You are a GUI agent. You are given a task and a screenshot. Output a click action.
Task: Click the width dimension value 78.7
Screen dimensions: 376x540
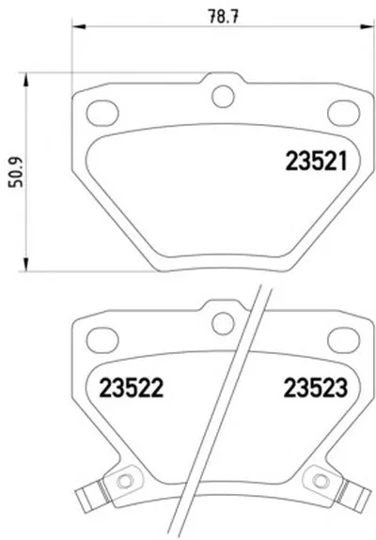click(224, 16)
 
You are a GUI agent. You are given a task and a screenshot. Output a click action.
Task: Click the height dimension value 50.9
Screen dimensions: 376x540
click(16, 172)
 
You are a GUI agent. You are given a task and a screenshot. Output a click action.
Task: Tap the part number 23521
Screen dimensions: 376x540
click(316, 162)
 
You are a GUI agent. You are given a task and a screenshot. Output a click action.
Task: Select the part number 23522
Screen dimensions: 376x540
click(131, 388)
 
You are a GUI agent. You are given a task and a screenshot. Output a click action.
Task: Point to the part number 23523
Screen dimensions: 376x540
click(316, 388)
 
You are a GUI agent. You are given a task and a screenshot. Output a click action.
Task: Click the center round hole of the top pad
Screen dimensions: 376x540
click(224, 97)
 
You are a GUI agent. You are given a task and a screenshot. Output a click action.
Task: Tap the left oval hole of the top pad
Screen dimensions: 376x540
click(102, 113)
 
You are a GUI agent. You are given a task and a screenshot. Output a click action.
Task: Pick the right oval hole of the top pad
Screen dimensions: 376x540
click(344, 113)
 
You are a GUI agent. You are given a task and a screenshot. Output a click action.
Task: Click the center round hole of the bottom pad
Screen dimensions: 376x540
click(224, 323)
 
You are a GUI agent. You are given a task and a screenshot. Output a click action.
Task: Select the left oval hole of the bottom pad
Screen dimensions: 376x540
click(102, 340)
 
